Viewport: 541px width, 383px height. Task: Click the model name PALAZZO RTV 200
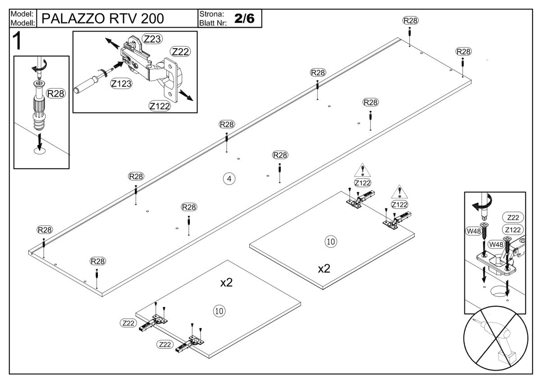click(x=102, y=18)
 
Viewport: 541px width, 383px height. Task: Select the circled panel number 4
click(x=229, y=179)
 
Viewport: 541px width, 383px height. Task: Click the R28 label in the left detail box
click(x=56, y=93)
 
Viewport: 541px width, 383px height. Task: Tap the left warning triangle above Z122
click(x=362, y=171)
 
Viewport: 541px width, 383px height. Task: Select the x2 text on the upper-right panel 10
click(x=324, y=269)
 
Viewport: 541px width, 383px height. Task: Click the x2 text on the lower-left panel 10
click(x=226, y=283)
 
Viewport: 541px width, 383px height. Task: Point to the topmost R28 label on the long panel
click(x=410, y=20)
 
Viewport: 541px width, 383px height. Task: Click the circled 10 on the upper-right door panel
click(x=330, y=241)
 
